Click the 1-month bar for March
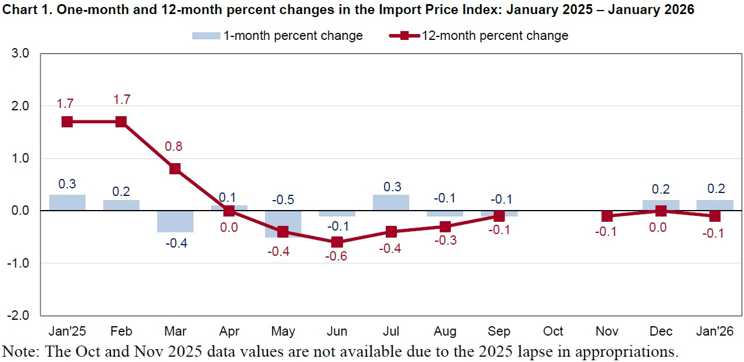point(175,221)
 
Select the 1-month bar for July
point(391,202)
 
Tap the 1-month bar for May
point(283,224)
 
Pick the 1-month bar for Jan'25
point(67,202)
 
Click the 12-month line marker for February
point(121,122)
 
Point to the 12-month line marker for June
point(337,242)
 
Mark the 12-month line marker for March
point(175,169)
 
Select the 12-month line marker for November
point(607,216)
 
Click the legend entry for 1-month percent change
point(278,36)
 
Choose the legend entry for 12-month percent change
point(478,36)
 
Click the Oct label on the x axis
point(553,331)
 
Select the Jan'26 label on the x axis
point(715,331)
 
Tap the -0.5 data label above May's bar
point(283,199)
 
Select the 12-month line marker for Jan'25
point(67,122)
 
